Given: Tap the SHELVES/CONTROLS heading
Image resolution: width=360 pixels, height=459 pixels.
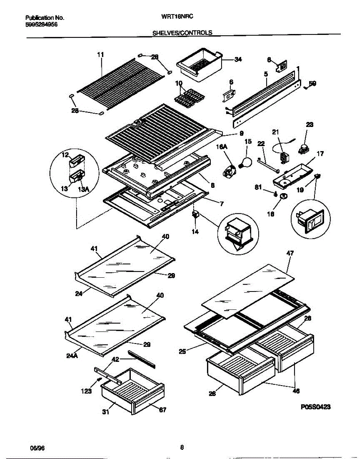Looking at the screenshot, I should click(x=182, y=33).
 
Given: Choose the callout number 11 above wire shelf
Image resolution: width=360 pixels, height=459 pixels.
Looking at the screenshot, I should click(x=100, y=55).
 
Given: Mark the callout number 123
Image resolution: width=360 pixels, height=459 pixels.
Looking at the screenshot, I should click(x=86, y=391).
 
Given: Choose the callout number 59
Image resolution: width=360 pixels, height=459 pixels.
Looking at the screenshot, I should click(x=312, y=83).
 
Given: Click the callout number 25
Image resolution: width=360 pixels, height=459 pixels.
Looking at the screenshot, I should click(x=182, y=351).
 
